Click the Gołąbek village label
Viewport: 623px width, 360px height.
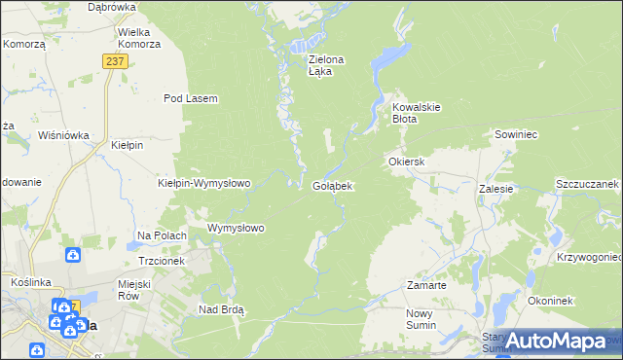click(x=332, y=185)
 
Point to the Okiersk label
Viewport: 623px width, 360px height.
click(x=407, y=161)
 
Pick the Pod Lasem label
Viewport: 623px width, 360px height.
click(x=190, y=98)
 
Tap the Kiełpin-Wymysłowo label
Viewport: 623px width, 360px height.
click(x=204, y=183)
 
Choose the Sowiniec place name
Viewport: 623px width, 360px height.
click(x=517, y=134)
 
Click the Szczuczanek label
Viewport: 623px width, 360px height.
click(x=587, y=183)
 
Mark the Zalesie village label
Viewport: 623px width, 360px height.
click(x=495, y=190)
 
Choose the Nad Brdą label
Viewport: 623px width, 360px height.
click(x=221, y=309)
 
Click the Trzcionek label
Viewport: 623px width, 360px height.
click(x=162, y=261)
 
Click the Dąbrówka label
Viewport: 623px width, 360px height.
click(x=111, y=7)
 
